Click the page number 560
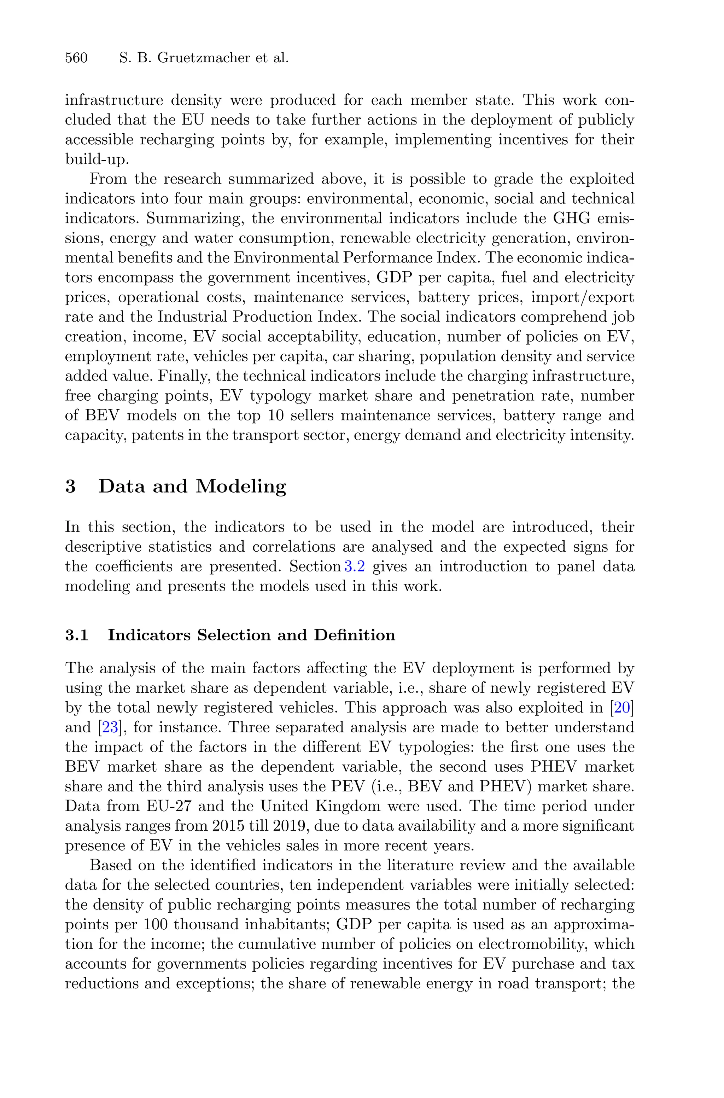pyautogui.click(x=76, y=58)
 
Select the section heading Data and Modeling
pyautogui.click(x=192, y=487)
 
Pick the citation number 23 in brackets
pyautogui.click(x=110, y=728)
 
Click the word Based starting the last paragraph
pyautogui.click(x=110, y=866)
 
